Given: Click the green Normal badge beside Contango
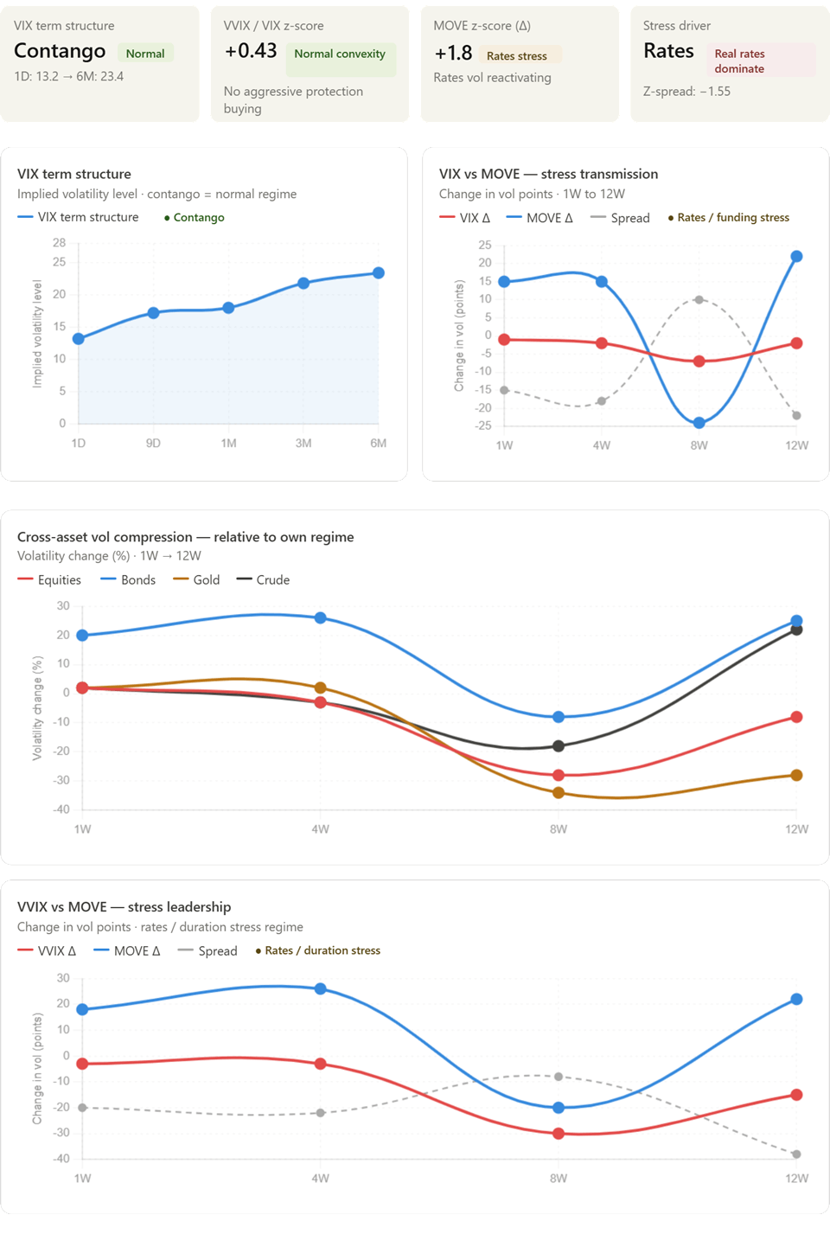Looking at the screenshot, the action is (x=145, y=54).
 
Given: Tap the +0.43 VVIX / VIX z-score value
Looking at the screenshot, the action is (x=251, y=51).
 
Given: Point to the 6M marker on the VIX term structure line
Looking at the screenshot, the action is (x=379, y=272).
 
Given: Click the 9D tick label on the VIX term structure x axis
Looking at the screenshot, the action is (x=153, y=443).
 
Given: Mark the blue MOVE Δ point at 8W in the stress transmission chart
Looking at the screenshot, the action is (x=699, y=423).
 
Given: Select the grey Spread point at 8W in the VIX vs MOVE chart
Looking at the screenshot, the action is (x=699, y=299).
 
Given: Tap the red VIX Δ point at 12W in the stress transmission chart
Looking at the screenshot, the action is (x=796, y=343).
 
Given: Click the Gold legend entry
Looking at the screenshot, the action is (x=196, y=580).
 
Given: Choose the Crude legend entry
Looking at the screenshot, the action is (x=263, y=580).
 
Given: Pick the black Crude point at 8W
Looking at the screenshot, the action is (x=559, y=746).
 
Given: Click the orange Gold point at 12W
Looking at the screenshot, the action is (x=796, y=775).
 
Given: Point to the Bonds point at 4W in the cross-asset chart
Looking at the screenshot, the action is (x=320, y=618).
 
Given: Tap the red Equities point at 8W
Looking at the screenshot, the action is (x=559, y=775).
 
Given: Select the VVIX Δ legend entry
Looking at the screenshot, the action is (x=47, y=951).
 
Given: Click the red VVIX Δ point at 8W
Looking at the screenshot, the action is (x=559, y=1134).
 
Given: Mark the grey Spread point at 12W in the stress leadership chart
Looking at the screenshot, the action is (x=796, y=1154).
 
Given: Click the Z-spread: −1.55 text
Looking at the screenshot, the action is (x=686, y=92).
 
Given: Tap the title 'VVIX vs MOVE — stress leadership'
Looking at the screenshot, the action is (x=124, y=907).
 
